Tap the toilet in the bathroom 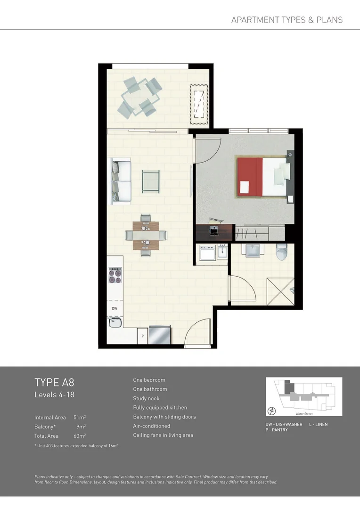coord(282,252)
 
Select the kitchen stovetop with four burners coord(115,275)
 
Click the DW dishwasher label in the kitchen coord(115,309)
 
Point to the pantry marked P coord(142,337)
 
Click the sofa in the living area coord(121,181)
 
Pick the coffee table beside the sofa coord(151,181)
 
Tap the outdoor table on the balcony coord(139,98)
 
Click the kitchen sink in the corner coord(115,323)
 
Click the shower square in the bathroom coord(280,292)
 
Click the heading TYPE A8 coord(54,382)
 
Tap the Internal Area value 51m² coord(80,418)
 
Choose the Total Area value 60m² coord(80,436)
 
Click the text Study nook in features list coord(146,398)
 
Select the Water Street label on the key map coord(304,414)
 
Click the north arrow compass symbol coord(272,410)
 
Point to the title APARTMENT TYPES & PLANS coord(287,20)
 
